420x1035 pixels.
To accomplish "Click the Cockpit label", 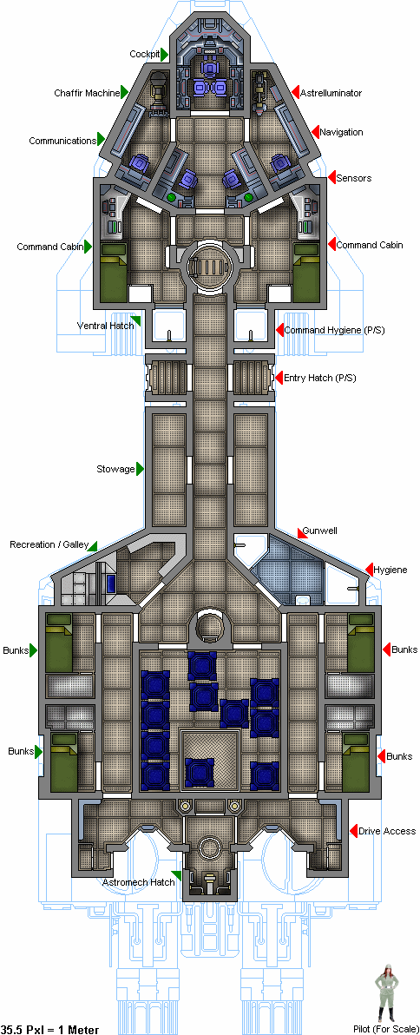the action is point(144,54).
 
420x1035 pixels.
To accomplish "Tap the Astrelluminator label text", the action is point(331,93).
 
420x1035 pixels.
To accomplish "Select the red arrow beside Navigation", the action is point(315,132).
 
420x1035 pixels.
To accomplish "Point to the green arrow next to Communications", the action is point(101,139).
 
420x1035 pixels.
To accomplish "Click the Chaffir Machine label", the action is point(87,92).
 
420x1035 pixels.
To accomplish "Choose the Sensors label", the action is point(354,178).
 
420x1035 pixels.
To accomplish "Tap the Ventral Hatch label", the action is point(103,326).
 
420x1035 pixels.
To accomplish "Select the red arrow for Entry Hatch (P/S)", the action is point(279,379).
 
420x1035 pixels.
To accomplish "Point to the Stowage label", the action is point(115,470).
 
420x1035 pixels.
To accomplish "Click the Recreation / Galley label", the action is point(49,544).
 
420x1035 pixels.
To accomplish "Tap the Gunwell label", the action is point(320,531).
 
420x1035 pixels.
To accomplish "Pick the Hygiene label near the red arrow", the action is point(390,570).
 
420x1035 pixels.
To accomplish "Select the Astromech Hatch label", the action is point(139,882).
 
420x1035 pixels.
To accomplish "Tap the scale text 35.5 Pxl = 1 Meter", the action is point(50,1029).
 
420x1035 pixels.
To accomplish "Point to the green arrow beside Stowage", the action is point(141,470).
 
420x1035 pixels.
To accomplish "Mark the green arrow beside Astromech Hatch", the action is point(177,876).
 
